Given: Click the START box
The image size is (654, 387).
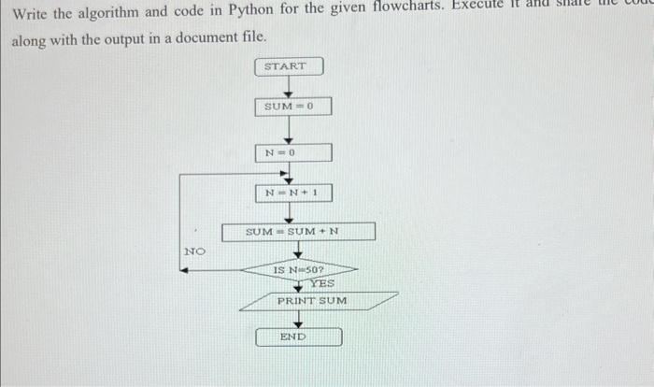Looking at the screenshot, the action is tap(289, 67).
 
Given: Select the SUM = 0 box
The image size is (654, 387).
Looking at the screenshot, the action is tap(291, 107).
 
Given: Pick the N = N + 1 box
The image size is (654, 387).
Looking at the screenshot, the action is tap(292, 193).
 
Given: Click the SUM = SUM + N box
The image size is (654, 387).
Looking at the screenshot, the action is tap(298, 231).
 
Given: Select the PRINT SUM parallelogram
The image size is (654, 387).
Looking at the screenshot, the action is tap(311, 301).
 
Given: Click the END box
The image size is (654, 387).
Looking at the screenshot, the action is tap(298, 337).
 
